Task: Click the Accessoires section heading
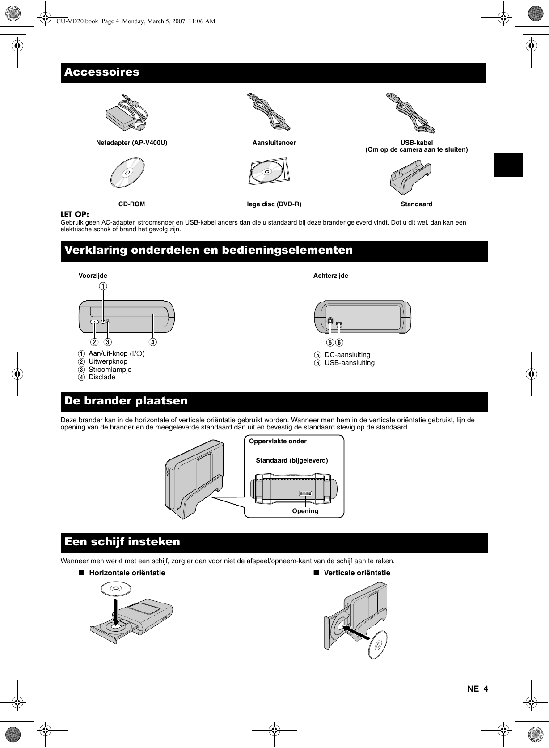(102, 72)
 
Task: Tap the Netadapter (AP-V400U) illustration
(127, 114)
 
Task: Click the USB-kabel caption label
(417, 143)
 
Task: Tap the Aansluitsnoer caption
(274, 143)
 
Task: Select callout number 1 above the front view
(103, 285)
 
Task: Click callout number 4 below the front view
(153, 342)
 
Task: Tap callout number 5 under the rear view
(330, 343)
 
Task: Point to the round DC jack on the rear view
(330, 321)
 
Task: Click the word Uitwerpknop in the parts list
(108, 361)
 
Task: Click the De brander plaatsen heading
(126, 401)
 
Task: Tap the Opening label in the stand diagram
(305, 511)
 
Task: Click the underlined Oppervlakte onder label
(278, 442)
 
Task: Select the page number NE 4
(477, 688)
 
